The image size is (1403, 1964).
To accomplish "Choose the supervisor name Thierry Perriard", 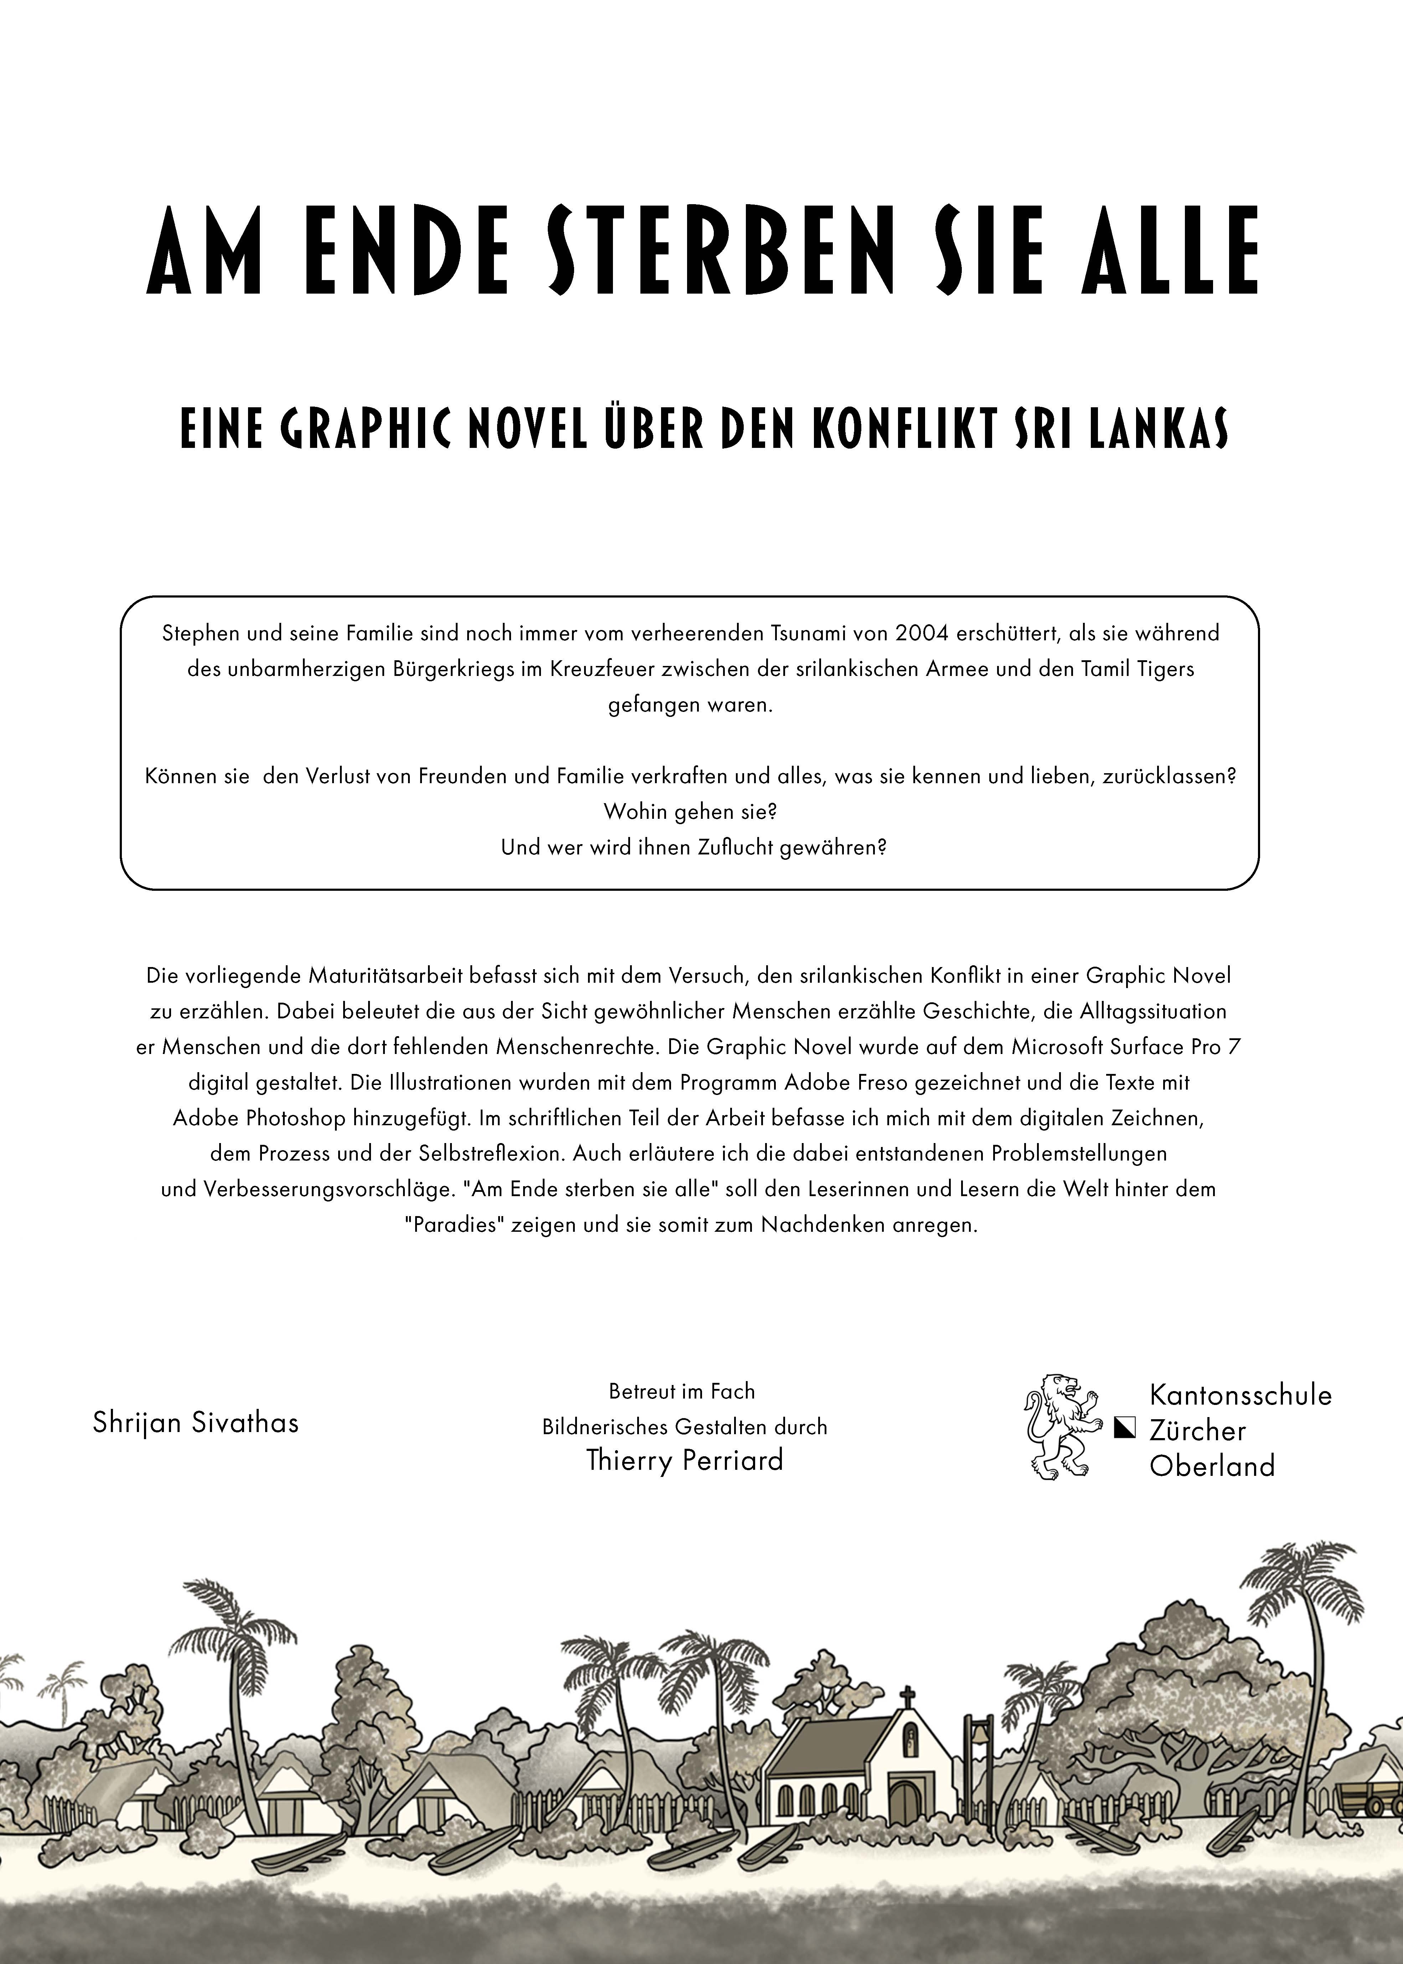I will [x=684, y=1461].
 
